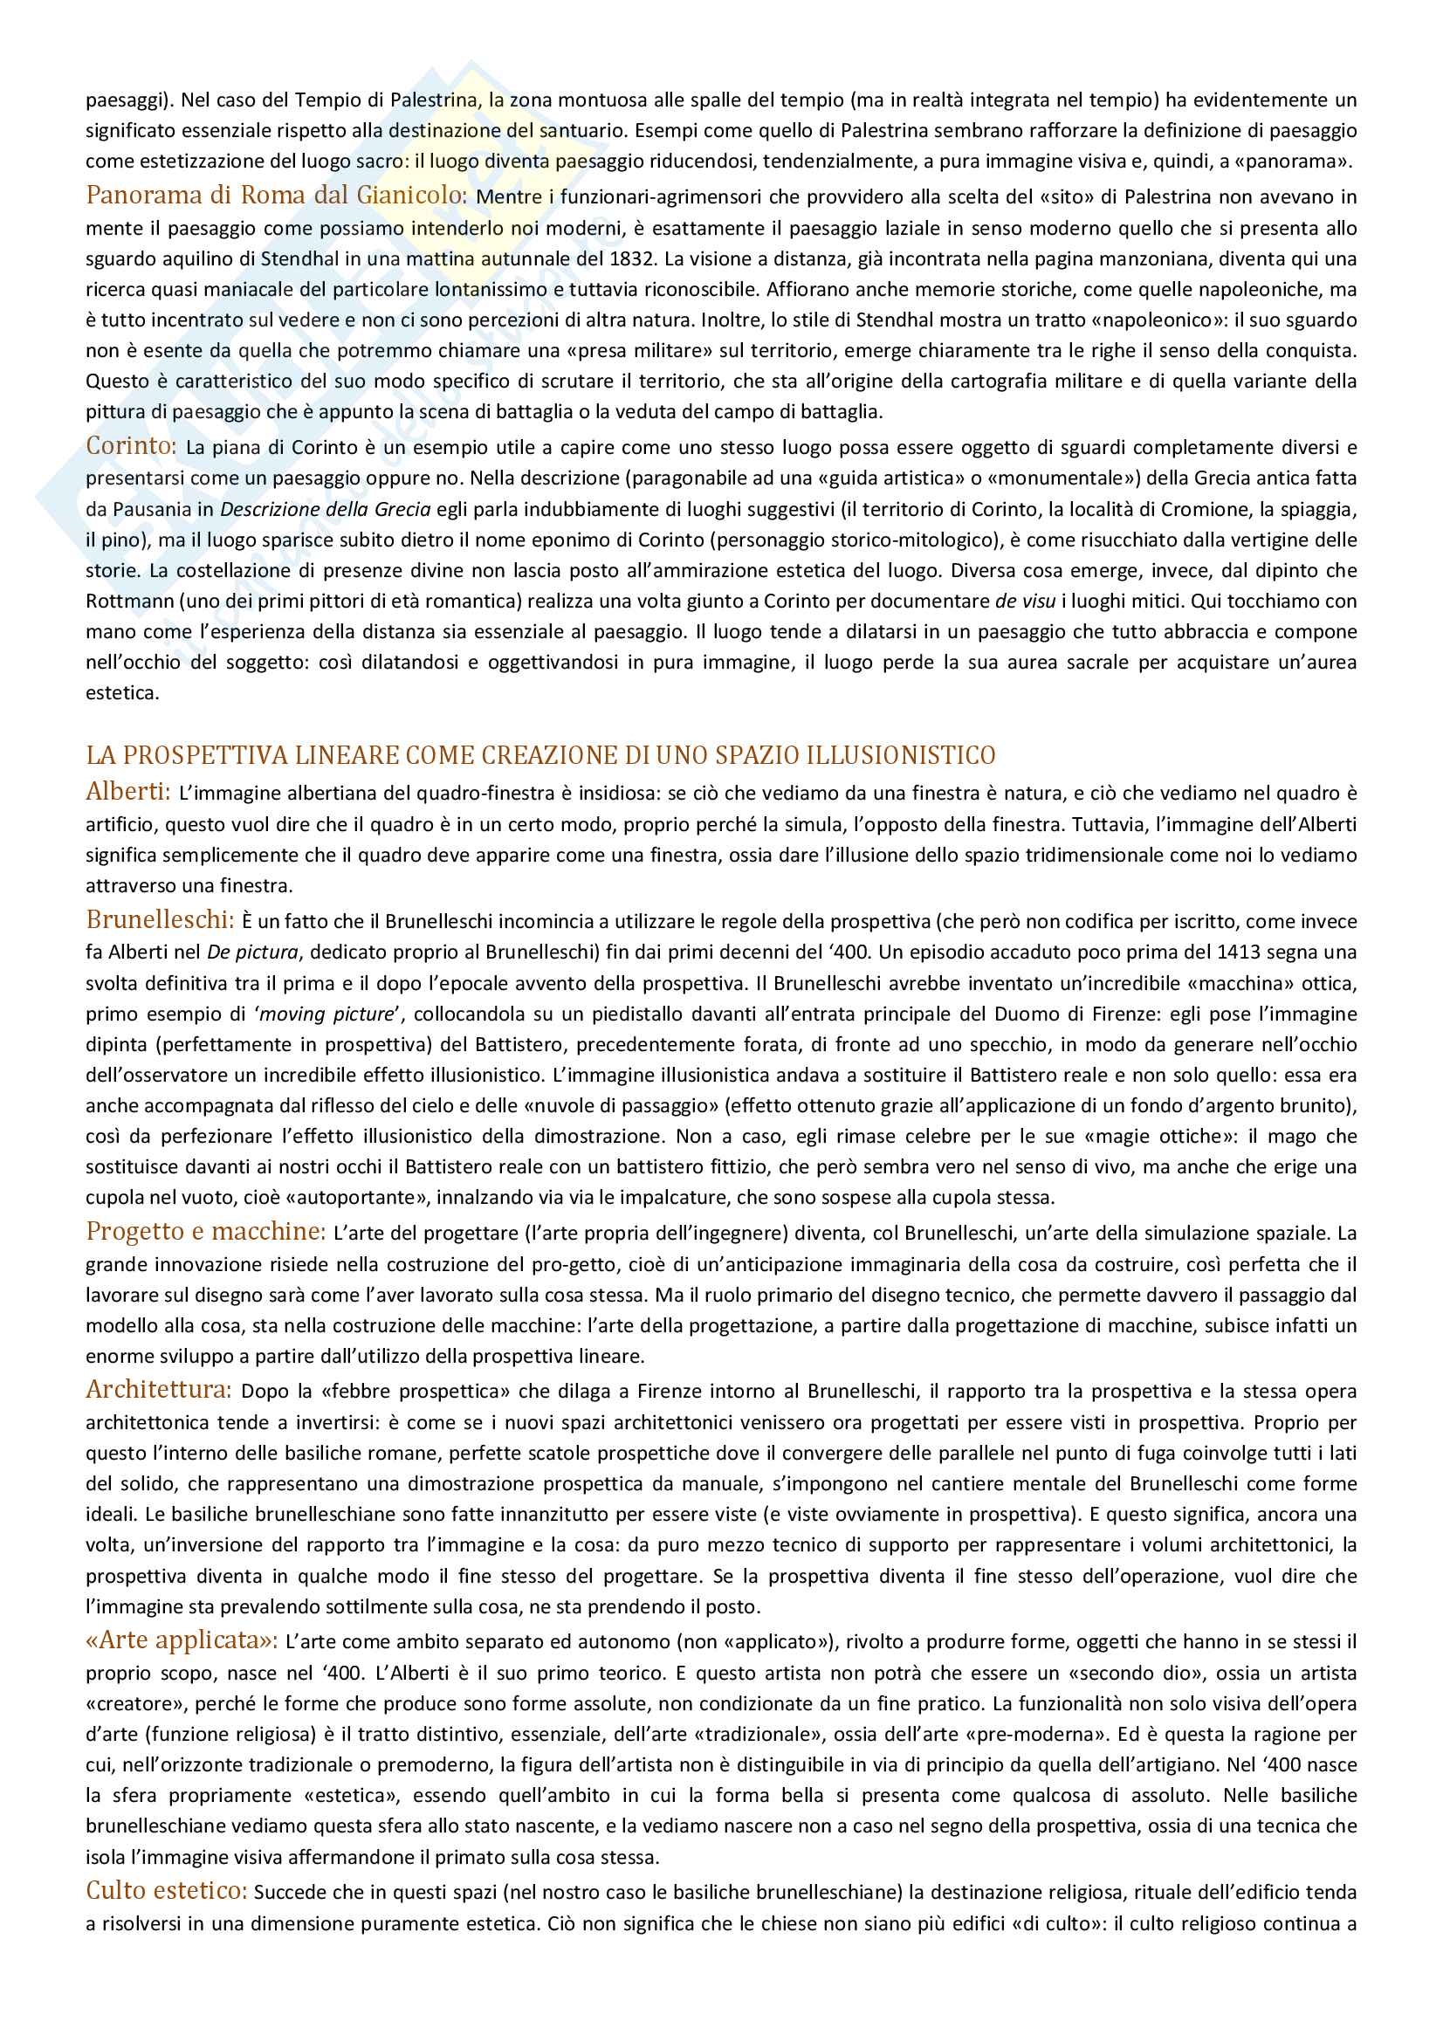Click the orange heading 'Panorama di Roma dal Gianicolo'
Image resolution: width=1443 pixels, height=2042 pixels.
pyautogui.click(x=276, y=195)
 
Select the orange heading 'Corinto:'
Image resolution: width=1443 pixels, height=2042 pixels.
pyautogui.click(x=132, y=445)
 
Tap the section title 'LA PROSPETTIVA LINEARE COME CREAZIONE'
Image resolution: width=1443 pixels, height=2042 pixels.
pyautogui.click(x=539, y=755)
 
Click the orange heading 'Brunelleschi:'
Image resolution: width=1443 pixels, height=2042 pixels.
pyautogui.click(x=160, y=918)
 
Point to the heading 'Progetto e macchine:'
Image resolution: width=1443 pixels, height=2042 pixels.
pyautogui.click(x=206, y=1232)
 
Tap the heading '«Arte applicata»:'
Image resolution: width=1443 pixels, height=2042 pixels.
pyautogui.click(x=182, y=1640)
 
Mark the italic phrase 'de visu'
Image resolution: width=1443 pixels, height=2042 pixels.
pyautogui.click(x=1026, y=601)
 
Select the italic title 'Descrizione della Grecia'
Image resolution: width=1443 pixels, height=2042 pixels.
pyautogui.click(x=326, y=510)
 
